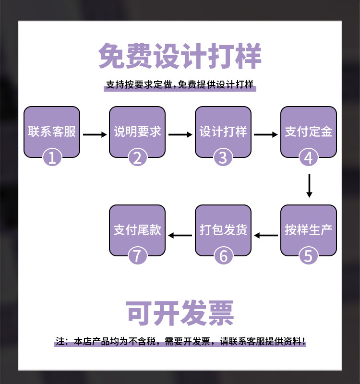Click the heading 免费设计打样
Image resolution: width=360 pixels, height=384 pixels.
[180, 57]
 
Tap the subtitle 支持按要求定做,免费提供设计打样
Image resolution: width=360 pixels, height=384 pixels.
[180, 85]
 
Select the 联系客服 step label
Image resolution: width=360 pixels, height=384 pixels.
[52, 132]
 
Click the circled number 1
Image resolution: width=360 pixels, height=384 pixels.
[52, 157]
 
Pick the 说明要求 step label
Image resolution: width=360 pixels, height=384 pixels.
[137, 132]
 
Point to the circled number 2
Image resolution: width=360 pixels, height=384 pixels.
[137, 157]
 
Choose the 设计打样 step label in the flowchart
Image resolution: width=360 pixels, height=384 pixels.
[223, 132]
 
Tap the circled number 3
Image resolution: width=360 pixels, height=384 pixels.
[223, 157]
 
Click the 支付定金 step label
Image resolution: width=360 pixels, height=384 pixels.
[308, 132]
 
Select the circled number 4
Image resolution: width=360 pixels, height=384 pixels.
[309, 157]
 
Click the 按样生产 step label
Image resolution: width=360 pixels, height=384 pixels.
[308, 230]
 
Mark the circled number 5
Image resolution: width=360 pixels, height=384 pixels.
[309, 256]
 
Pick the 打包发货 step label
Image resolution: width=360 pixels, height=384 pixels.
[223, 230]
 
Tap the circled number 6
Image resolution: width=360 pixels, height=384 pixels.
[223, 256]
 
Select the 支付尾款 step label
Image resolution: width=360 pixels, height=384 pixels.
[137, 230]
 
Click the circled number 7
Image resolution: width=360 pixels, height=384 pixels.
[137, 256]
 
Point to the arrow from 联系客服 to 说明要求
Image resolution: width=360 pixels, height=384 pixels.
[95, 135]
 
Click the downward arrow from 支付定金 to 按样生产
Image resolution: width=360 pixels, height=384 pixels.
[309, 186]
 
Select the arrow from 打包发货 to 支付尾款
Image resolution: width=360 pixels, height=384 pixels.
[180, 235]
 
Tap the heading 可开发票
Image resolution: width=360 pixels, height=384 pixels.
[180, 313]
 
